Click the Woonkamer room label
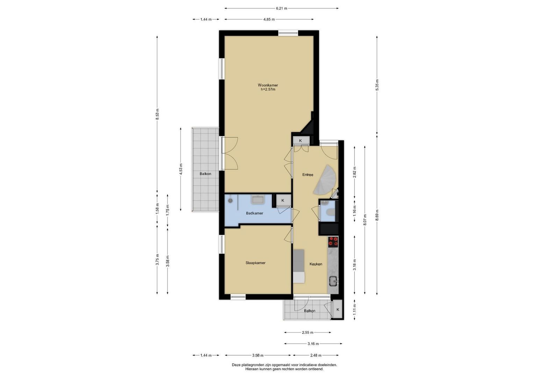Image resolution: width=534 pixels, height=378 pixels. point(268,85)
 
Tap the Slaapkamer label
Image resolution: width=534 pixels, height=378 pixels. point(256,263)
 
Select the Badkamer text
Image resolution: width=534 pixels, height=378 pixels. point(255,213)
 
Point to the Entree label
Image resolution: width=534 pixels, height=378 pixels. point(308,175)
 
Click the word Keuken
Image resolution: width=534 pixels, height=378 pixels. point(316,264)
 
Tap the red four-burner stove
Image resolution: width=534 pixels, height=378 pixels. point(333,241)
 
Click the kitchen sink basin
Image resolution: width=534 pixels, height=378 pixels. point(333,281)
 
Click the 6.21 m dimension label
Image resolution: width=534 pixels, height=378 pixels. point(282,8)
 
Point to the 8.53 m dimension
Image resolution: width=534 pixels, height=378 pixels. point(157,114)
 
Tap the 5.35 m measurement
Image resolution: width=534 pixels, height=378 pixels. point(377,85)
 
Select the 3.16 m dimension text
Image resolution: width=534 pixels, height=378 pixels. point(313,344)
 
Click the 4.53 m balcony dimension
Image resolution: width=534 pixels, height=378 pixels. point(181,169)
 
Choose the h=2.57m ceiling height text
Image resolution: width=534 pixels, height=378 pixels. point(268,90)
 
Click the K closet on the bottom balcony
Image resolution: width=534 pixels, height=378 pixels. point(337,309)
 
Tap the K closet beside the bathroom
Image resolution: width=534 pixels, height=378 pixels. point(283,201)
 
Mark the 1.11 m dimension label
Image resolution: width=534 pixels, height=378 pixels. point(355,309)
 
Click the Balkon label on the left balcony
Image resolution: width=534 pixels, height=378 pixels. point(206,174)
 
